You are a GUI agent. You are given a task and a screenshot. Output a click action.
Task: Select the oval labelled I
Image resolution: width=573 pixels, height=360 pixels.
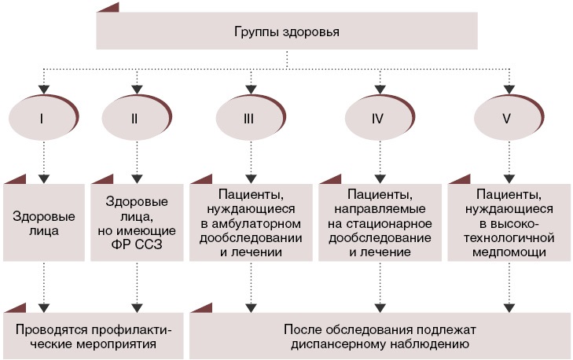pos(40,119)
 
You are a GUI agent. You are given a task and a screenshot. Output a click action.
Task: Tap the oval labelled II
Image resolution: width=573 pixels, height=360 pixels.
pos(135,119)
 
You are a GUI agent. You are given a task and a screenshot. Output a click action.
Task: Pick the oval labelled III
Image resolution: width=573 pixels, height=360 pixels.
pos(249,119)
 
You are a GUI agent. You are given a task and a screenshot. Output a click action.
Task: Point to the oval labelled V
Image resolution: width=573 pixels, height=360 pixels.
pos(508,119)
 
